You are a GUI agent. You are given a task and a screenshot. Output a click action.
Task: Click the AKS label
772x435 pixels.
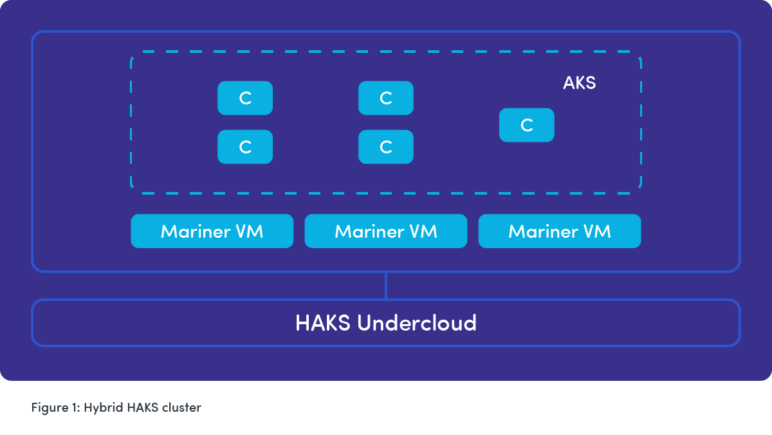click(579, 83)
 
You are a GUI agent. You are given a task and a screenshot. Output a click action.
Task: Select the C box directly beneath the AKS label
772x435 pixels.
click(526, 125)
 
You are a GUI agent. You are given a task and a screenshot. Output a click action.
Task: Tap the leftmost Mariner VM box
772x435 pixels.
click(212, 231)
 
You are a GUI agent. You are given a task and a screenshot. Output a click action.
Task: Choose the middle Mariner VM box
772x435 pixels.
click(385, 231)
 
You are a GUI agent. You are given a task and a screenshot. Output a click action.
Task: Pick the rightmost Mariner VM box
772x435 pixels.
click(559, 231)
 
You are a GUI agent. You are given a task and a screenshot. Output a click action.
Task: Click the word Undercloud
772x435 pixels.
click(417, 323)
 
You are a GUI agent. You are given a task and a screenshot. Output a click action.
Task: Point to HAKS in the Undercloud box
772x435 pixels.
click(323, 323)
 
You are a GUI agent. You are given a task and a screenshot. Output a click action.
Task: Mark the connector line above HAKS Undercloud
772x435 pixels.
click(386, 285)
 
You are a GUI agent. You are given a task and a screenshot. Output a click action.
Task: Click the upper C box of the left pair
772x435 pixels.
click(245, 98)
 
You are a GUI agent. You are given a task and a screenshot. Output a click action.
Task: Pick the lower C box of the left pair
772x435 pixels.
click(245, 147)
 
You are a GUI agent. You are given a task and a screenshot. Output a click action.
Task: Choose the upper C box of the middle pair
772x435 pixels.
click(386, 98)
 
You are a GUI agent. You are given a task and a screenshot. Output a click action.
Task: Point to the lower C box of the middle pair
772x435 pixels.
click(386, 147)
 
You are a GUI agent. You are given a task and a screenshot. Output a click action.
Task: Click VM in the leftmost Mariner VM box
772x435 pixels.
click(249, 231)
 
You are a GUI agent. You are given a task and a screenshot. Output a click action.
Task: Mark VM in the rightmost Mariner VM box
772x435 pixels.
click(596, 231)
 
